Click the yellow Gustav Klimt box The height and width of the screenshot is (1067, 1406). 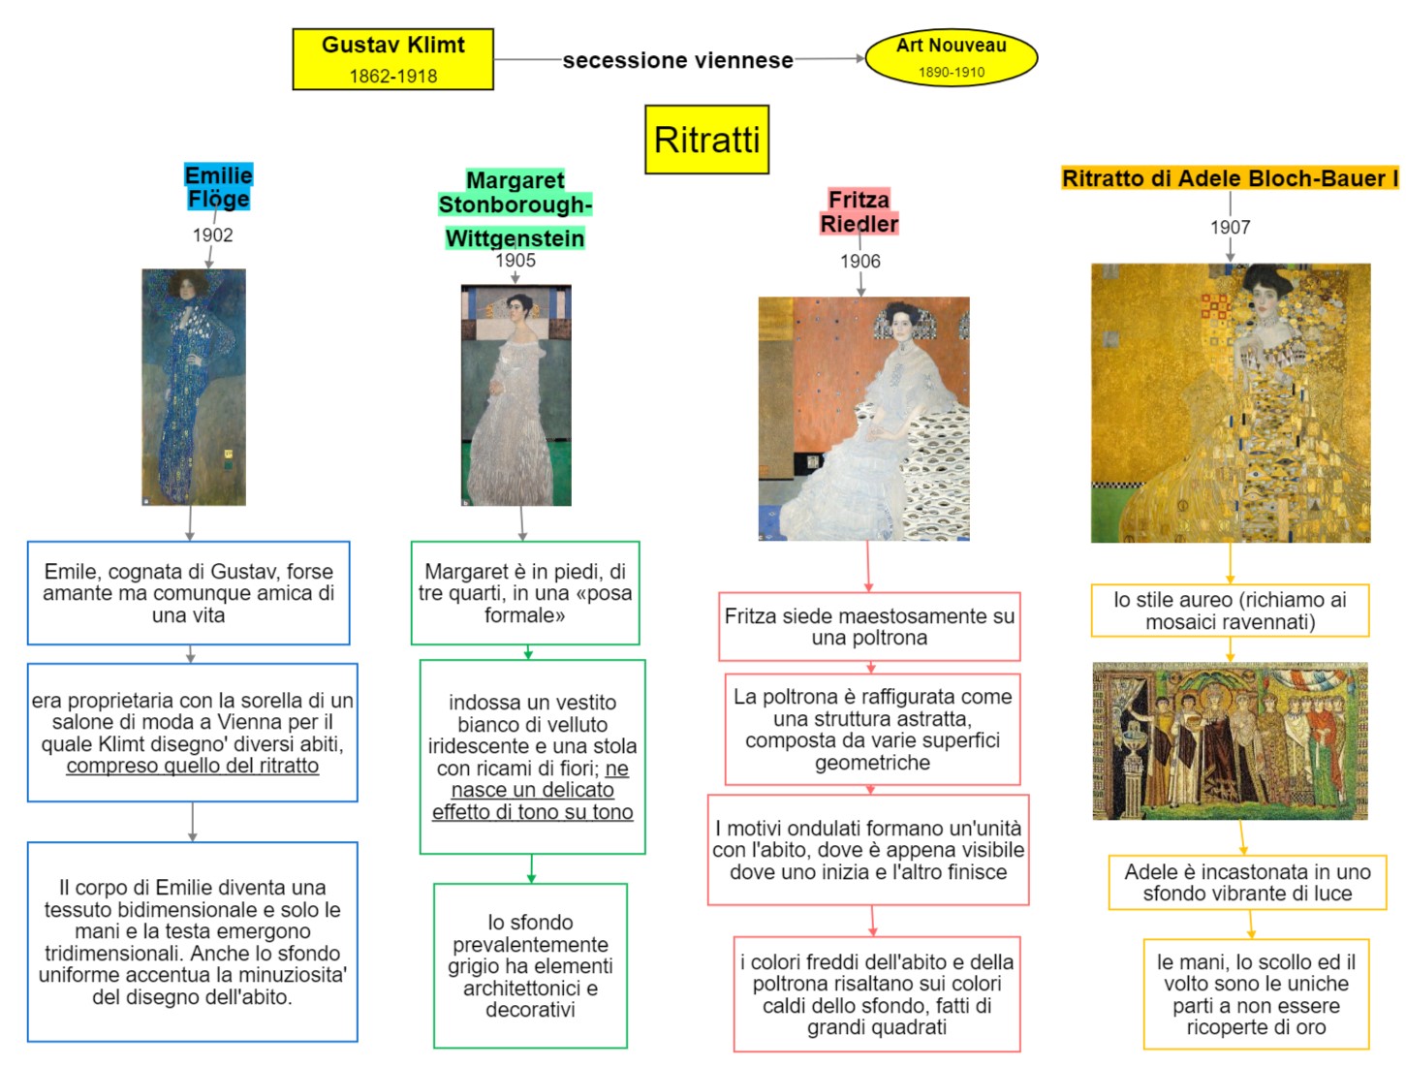[392, 59]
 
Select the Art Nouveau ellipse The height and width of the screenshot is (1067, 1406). [951, 57]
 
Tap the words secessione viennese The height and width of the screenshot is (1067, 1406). [677, 60]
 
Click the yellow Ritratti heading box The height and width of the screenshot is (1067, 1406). [706, 140]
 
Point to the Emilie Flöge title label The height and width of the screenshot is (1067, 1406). [218, 187]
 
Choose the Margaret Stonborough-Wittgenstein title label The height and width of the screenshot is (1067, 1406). [515, 208]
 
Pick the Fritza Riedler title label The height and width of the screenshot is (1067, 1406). [859, 211]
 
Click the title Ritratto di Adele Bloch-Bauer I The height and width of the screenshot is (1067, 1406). [1230, 178]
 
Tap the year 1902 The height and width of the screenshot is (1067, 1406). [212, 235]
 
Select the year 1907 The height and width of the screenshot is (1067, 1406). [1230, 227]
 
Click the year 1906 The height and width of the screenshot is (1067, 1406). [859, 261]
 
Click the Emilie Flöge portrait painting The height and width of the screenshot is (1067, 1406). [194, 387]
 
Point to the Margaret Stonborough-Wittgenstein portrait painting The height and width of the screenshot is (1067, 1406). [516, 394]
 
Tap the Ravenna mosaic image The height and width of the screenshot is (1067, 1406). [1230, 740]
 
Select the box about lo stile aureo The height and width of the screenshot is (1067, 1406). [1230, 611]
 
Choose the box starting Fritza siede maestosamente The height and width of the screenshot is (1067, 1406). [869, 626]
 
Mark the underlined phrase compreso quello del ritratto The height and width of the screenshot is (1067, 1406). [192, 766]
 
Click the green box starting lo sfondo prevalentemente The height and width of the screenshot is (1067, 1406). [530, 965]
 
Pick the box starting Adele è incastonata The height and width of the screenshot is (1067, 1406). [1247, 882]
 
